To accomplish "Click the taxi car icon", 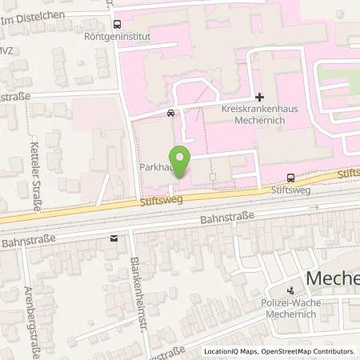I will (170, 113).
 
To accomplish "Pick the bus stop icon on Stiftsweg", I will (289, 178).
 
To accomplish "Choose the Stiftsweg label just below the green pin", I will (167, 203).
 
